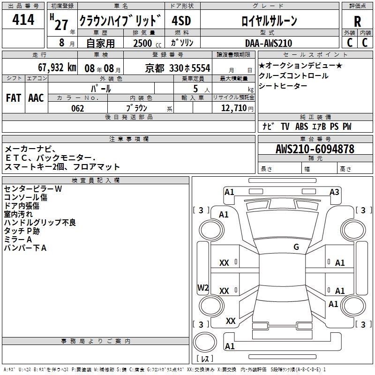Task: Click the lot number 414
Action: [23, 20]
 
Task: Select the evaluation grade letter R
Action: [357, 21]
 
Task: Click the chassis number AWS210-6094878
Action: [315, 149]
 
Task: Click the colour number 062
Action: [77, 108]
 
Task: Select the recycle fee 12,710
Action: [233, 108]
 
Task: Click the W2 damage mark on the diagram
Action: [203, 288]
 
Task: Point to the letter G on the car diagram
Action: [296, 247]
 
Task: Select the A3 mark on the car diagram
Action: [334, 192]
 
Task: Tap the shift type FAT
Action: [13, 97]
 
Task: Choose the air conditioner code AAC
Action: [36, 97]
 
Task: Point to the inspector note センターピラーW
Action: [33, 188]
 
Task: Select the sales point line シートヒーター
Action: [283, 86]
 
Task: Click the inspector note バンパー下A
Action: [25, 247]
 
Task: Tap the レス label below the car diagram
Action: [204, 359]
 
